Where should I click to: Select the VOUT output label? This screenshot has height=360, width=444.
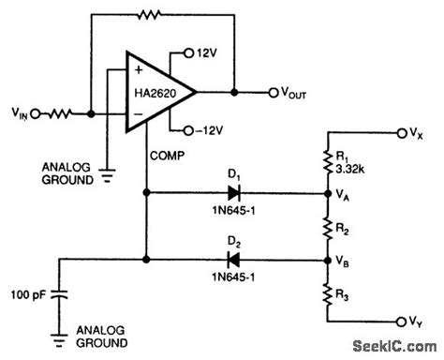(289, 93)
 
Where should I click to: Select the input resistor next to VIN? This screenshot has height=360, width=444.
(55, 113)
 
